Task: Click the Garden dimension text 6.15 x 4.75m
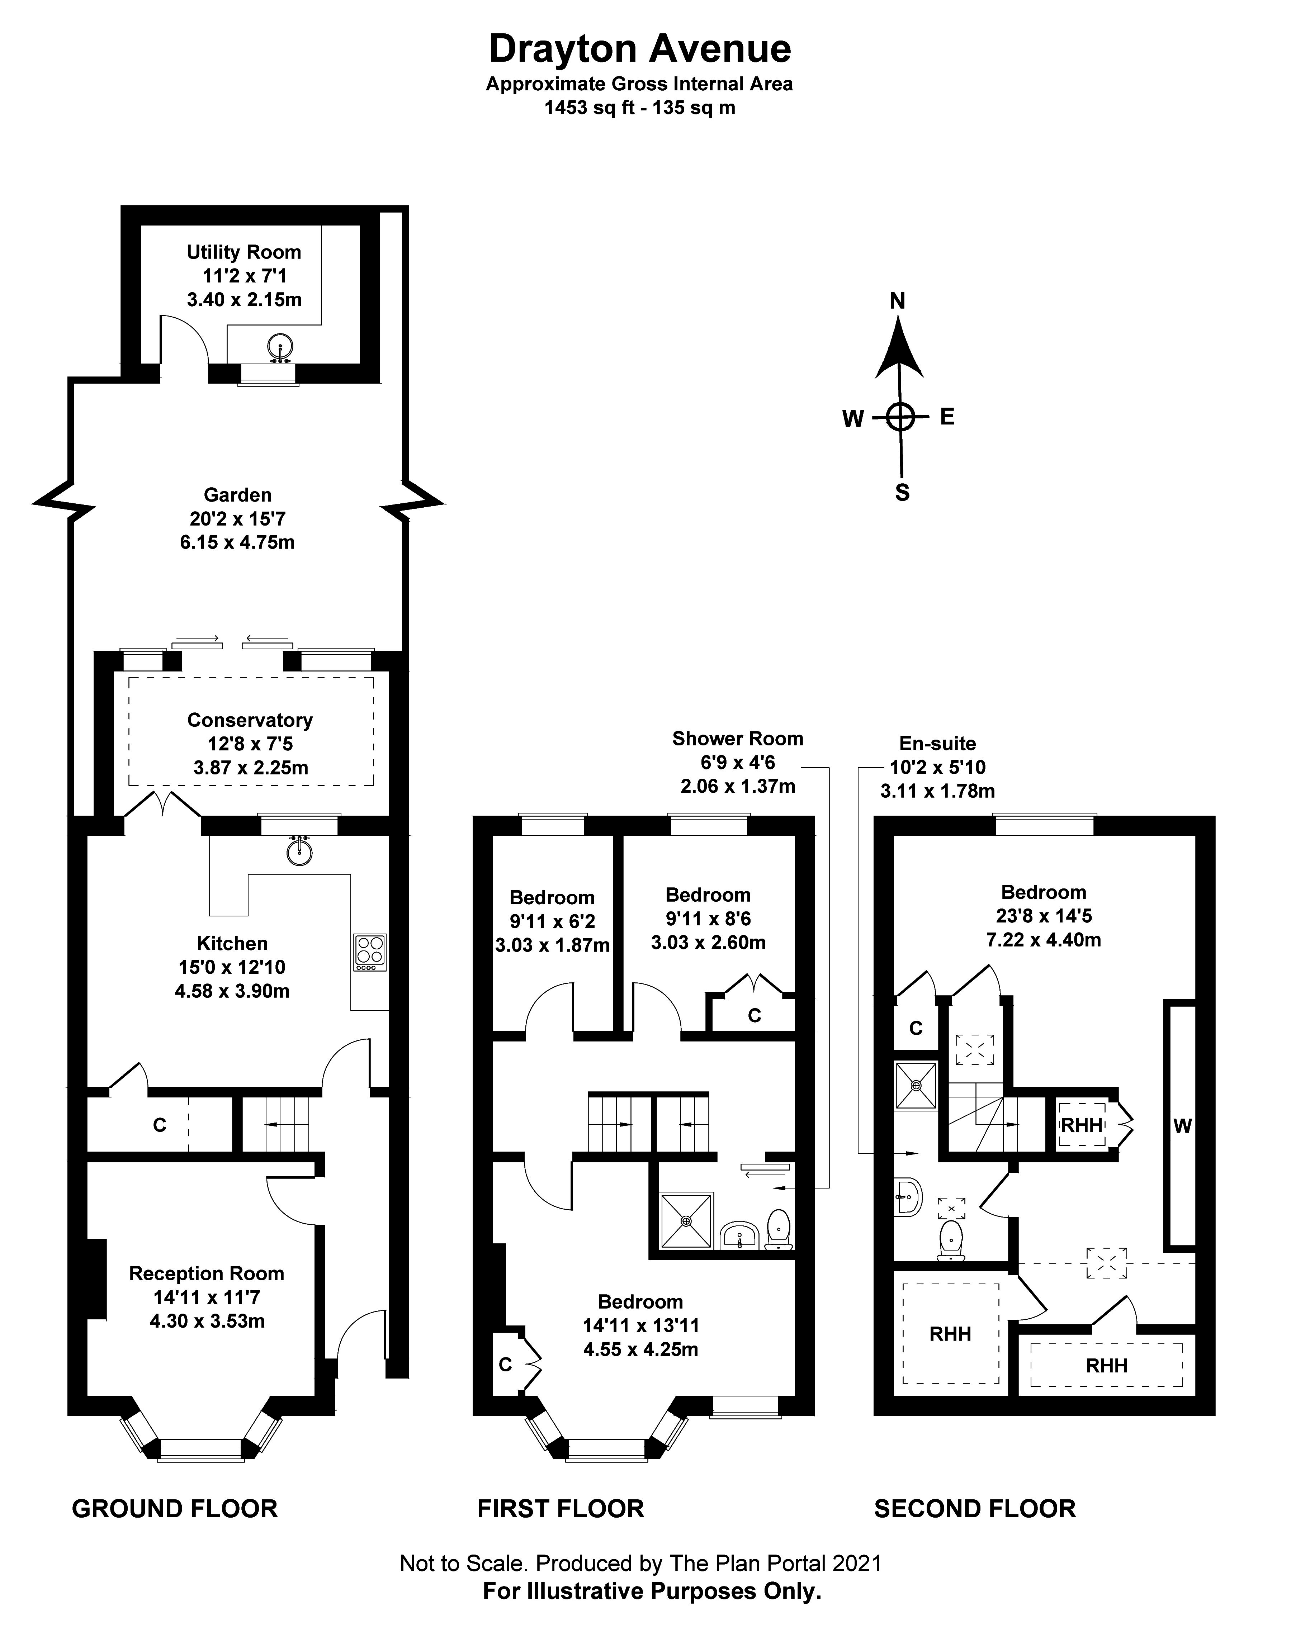click(x=237, y=542)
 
